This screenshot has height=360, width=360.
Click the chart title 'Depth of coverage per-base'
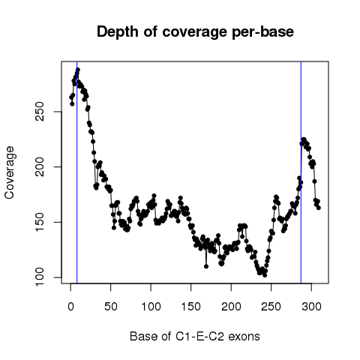pyautogui.click(x=195, y=32)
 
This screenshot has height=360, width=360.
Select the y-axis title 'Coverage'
pyautogui.click(x=10, y=172)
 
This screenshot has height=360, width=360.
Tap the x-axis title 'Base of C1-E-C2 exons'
pyautogui.click(x=195, y=336)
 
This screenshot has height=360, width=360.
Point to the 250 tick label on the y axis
pyautogui.click(x=40, y=112)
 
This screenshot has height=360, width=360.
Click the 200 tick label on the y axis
pyautogui.click(x=40, y=166)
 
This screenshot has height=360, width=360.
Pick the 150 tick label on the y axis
pyautogui.click(x=40, y=222)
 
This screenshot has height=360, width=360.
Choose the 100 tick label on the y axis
pyautogui.click(x=40, y=277)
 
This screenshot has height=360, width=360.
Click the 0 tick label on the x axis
pyautogui.click(x=70, y=307)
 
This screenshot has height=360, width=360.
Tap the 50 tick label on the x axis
pyautogui.click(x=111, y=307)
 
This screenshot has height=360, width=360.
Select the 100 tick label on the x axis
pyautogui.click(x=151, y=307)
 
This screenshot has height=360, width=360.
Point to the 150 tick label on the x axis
pyautogui.click(x=191, y=307)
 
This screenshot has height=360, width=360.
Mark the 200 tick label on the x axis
pyautogui.click(x=231, y=307)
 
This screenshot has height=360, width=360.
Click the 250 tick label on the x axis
pyautogui.click(x=271, y=307)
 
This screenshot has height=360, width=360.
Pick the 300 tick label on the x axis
pyautogui.click(x=311, y=307)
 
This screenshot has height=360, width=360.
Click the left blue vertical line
pyautogui.click(x=77, y=172)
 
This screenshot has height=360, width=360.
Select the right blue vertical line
pyautogui.click(x=301, y=172)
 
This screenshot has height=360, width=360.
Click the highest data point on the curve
pyautogui.click(x=78, y=70)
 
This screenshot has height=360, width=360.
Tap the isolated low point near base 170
pyautogui.click(x=206, y=266)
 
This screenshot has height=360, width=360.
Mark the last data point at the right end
pyautogui.click(x=319, y=208)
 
